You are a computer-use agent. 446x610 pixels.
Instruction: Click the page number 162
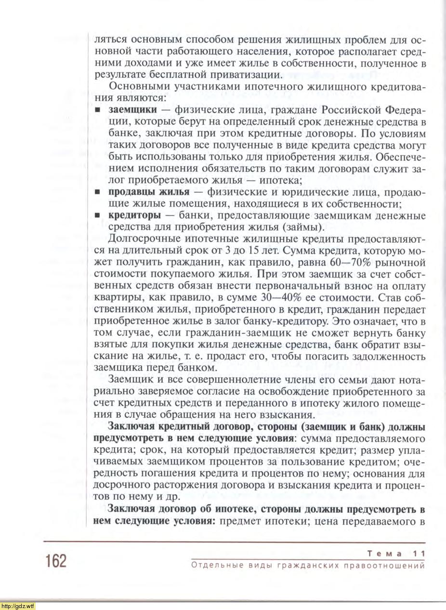pyautogui.click(x=56, y=561)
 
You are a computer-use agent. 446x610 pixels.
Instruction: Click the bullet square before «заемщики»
pyautogui.click(x=97, y=110)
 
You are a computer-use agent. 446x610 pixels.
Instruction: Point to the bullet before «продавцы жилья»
pyautogui.click(x=97, y=192)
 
